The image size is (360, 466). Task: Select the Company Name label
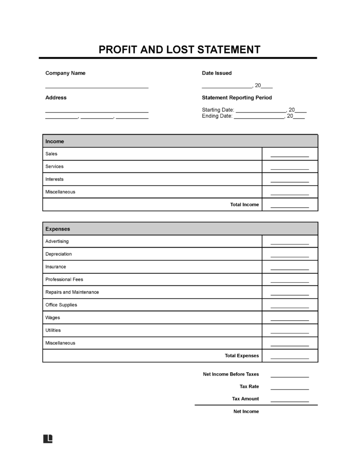coord(65,73)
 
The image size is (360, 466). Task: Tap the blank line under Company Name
coord(97,87)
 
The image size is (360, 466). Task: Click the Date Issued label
coord(217,73)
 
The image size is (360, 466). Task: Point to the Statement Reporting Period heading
coord(237,98)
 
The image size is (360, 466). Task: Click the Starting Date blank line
coord(261,112)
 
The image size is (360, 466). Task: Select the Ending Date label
coord(217,116)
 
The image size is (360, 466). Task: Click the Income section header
coord(55,141)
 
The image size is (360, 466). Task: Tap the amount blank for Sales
coord(290,156)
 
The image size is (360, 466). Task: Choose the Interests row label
coord(54,179)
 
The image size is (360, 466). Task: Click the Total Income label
coord(244,204)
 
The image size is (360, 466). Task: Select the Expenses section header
coord(58,229)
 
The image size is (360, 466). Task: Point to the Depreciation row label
coord(59,254)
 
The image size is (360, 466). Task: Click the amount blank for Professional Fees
coord(290,281)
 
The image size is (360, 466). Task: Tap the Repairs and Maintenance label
coord(72,292)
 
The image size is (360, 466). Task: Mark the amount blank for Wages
coord(290,319)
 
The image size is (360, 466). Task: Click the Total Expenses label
coord(241,355)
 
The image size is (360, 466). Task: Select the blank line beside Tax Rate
coord(290,389)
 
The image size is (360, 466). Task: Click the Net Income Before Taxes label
coord(231,374)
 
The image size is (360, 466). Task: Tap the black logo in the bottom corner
coord(48,439)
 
